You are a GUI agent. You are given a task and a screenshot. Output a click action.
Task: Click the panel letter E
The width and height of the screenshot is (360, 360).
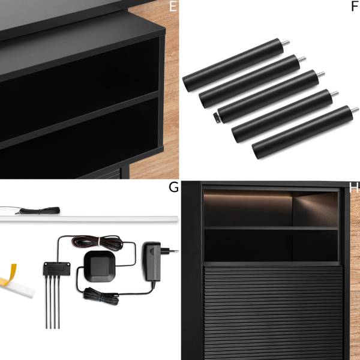pyautogui.click(x=173, y=6)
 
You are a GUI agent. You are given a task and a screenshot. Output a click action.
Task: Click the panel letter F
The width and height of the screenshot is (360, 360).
pyautogui.click(x=355, y=6)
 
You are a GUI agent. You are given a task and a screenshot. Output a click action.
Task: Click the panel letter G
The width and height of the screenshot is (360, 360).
pyautogui.click(x=173, y=187)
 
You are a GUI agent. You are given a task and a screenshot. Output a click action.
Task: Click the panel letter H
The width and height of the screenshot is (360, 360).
pyautogui.click(x=353, y=187)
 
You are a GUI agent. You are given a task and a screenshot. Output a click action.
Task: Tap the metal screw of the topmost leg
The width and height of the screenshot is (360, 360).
pyautogui.click(x=286, y=43)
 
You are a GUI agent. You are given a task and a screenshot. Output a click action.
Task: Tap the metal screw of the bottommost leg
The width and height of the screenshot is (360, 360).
pyautogui.click(x=355, y=110)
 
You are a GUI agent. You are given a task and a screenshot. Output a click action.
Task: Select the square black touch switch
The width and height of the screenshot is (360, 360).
pyautogui.click(x=99, y=266)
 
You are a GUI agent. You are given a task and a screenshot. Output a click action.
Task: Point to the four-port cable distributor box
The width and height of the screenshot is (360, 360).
pyautogui.click(x=57, y=269)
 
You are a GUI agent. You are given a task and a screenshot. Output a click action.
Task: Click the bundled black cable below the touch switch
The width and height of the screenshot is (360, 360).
pyautogui.click(x=101, y=296)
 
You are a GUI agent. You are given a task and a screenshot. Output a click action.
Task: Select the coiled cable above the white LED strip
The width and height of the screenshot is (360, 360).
pyautogui.click(x=40, y=211)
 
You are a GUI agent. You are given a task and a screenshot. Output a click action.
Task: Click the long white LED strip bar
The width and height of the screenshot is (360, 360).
pyautogui.click(x=89, y=219)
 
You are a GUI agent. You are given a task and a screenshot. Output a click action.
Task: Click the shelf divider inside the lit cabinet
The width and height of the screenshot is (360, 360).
pyautogui.click(x=271, y=228)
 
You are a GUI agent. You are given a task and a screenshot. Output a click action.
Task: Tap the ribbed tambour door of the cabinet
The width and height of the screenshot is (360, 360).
pyautogui.click(x=273, y=313)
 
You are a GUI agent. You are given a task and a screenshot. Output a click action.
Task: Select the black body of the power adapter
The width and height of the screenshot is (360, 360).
pyautogui.click(x=152, y=262)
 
